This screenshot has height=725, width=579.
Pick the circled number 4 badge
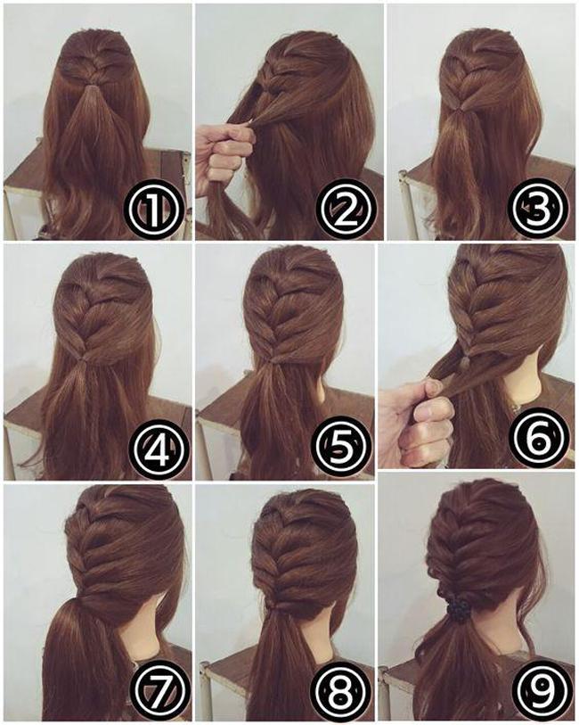click(x=159, y=449)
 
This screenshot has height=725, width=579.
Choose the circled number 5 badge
click(x=343, y=449)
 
